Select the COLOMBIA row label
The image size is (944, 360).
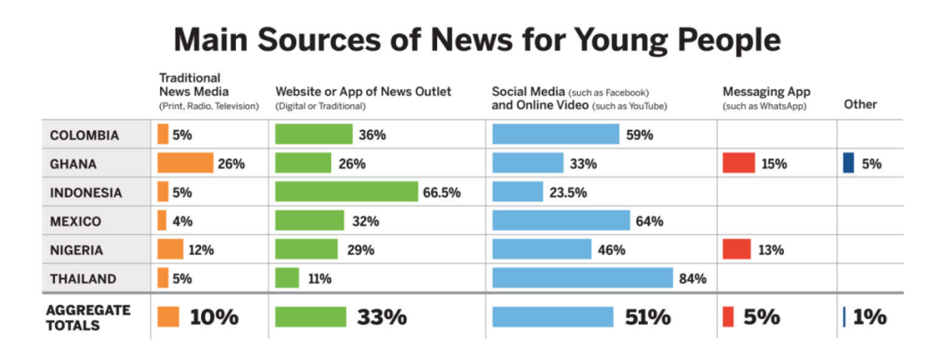click(x=86, y=135)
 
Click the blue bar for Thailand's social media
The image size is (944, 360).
click(x=582, y=278)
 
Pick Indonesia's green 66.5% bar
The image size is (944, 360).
click(x=346, y=192)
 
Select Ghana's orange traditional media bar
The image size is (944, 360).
click(x=185, y=163)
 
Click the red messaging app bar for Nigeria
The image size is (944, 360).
click(x=737, y=249)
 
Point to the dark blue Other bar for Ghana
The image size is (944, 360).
click(x=848, y=163)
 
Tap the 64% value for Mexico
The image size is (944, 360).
click(x=649, y=221)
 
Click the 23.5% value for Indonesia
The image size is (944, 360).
click(x=568, y=192)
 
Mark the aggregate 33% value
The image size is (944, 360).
click(x=381, y=317)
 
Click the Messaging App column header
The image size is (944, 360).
click(x=767, y=92)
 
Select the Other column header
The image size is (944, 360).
click(x=860, y=105)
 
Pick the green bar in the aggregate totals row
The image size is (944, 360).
click(x=310, y=317)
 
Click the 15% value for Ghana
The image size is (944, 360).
click(x=774, y=163)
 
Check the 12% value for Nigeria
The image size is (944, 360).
click(x=202, y=250)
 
